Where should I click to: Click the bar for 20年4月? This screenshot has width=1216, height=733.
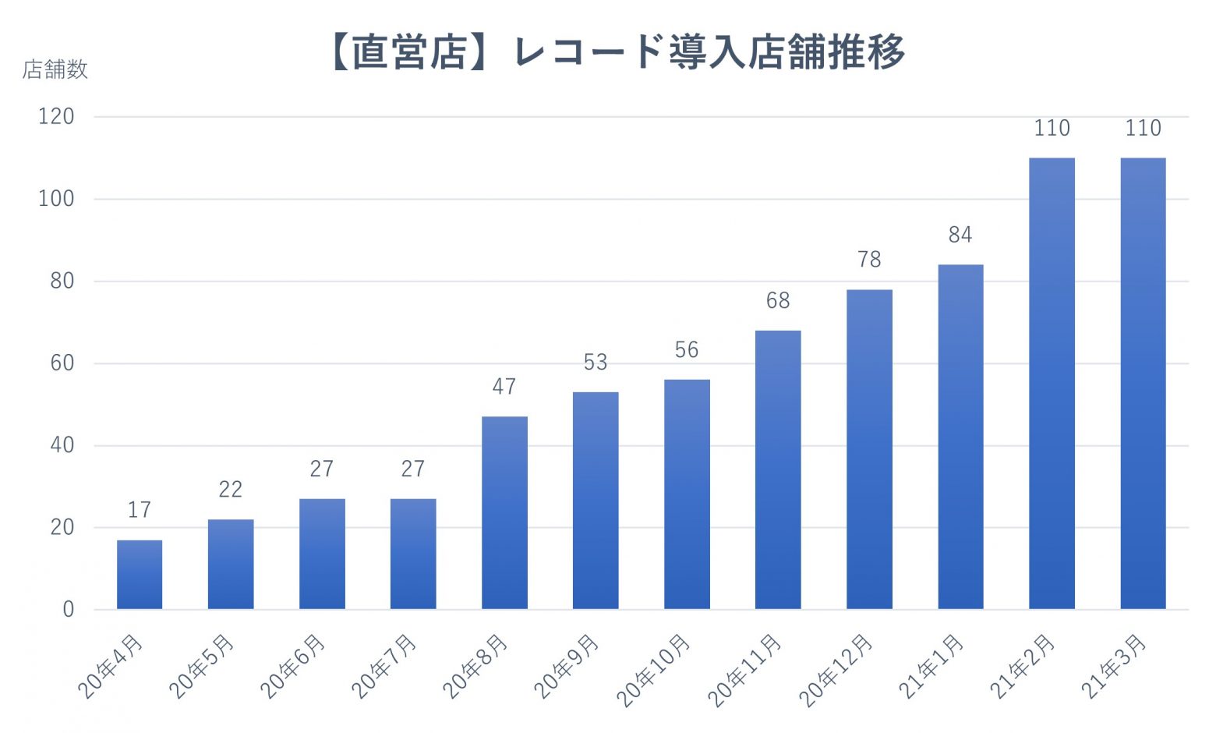(x=140, y=575)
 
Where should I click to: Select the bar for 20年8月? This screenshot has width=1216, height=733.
(x=504, y=512)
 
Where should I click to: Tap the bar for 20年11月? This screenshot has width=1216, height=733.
(x=778, y=469)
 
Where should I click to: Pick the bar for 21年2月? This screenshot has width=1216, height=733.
(x=1052, y=384)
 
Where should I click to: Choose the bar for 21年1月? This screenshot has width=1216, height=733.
(x=960, y=437)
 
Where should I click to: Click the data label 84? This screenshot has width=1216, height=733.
(x=960, y=235)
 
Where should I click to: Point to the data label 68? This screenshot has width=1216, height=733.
(x=778, y=300)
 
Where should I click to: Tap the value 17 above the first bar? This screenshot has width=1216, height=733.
(x=140, y=510)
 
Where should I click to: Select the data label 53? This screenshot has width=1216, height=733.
(x=596, y=362)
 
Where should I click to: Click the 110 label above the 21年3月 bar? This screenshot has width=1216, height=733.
(x=1143, y=128)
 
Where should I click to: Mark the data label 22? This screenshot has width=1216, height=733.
(x=231, y=490)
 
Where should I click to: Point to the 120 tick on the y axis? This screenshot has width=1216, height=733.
(x=56, y=117)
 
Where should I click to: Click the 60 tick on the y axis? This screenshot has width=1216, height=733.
(x=62, y=363)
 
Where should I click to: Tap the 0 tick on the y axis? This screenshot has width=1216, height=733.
(x=69, y=610)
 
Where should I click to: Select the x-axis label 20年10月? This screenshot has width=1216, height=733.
(x=653, y=671)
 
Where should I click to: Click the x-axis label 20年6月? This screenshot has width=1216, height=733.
(x=292, y=667)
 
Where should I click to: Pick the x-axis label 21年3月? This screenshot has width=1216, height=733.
(x=1113, y=667)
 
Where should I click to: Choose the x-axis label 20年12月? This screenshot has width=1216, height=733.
(x=836, y=671)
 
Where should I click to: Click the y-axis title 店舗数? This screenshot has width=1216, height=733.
(x=55, y=69)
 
